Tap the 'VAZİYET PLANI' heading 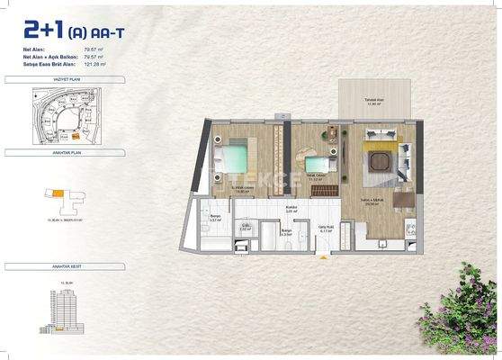49,80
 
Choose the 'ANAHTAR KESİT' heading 49,267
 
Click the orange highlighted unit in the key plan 57,192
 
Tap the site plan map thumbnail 54,114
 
